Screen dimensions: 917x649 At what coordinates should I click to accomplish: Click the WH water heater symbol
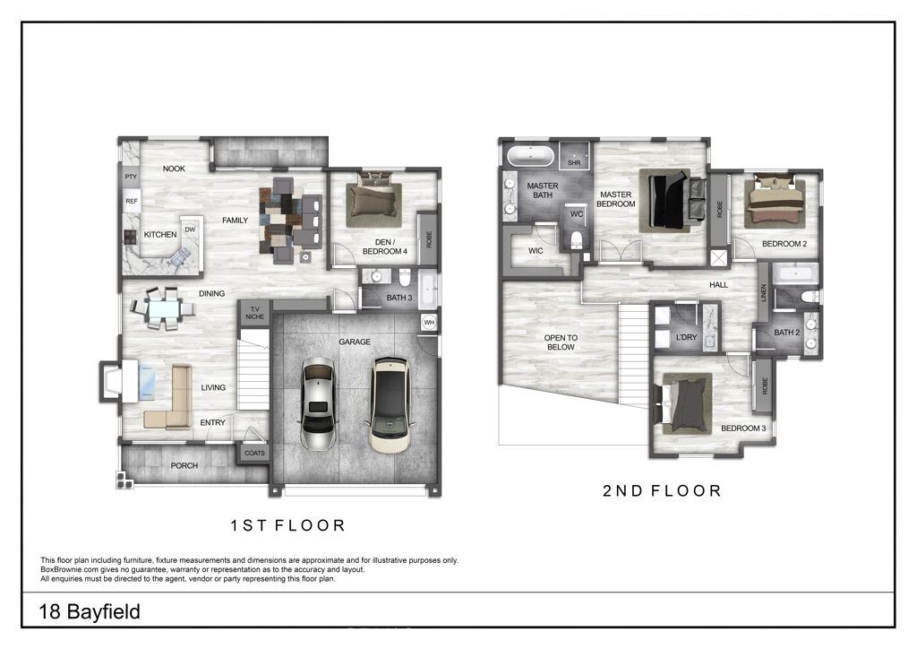click(x=429, y=323)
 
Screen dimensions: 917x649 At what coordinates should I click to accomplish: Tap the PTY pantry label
click(x=131, y=177)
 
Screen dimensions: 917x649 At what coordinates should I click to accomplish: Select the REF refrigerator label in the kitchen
click(x=132, y=202)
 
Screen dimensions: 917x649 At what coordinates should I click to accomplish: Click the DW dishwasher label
click(x=190, y=230)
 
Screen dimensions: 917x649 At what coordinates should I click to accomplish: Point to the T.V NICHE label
click(x=254, y=313)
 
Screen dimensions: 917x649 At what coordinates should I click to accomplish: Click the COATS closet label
click(x=254, y=453)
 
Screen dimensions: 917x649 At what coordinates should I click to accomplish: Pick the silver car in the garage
click(x=317, y=403)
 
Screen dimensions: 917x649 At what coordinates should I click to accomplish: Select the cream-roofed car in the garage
click(x=390, y=405)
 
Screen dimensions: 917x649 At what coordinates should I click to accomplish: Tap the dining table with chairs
click(x=162, y=308)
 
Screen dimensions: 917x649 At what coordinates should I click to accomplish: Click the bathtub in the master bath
click(x=530, y=156)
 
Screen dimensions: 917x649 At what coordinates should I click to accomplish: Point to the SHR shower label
click(x=574, y=162)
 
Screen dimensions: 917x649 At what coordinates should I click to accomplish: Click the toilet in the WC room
click(x=576, y=240)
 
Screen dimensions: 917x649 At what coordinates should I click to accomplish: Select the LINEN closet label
click(x=763, y=293)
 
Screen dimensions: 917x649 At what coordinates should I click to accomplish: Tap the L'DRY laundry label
click(x=686, y=337)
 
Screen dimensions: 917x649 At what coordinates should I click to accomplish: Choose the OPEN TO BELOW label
click(x=561, y=342)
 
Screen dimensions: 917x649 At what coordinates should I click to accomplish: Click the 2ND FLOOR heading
click(x=662, y=490)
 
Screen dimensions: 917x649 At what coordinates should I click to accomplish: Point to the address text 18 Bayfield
click(x=90, y=611)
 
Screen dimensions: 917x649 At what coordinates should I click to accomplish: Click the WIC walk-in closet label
click(x=536, y=250)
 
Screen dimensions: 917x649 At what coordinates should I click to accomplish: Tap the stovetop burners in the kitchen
click(x=129, y=237)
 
